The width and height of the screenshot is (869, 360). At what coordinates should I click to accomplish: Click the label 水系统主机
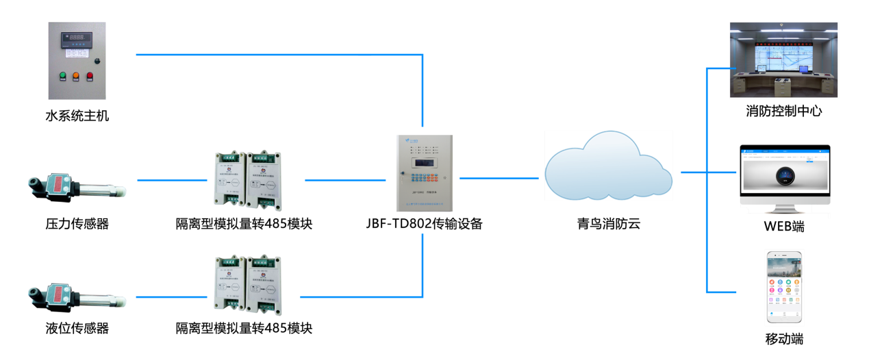(77, 116)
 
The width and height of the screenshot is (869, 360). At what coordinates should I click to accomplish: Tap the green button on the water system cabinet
(62, 76)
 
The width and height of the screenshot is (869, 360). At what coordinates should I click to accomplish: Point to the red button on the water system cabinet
(89, 76)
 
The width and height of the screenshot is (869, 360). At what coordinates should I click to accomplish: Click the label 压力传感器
(77, 224)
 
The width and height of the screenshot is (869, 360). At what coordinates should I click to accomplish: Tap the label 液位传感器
(77, 329)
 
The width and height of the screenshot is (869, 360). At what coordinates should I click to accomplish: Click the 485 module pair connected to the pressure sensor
(244, 179)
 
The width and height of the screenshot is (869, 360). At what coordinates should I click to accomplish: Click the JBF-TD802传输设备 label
(424, 224)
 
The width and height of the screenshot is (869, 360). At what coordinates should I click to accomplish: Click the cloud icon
(607, 168)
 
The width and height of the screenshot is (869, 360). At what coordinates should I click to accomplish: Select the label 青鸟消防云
(607, 224)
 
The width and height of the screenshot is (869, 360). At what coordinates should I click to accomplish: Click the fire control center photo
(784, 60)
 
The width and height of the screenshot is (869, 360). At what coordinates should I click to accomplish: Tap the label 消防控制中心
(784, 111)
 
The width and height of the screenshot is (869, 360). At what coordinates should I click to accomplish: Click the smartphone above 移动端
(784, 287)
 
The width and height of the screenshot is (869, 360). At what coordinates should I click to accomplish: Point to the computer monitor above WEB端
(784, 176)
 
